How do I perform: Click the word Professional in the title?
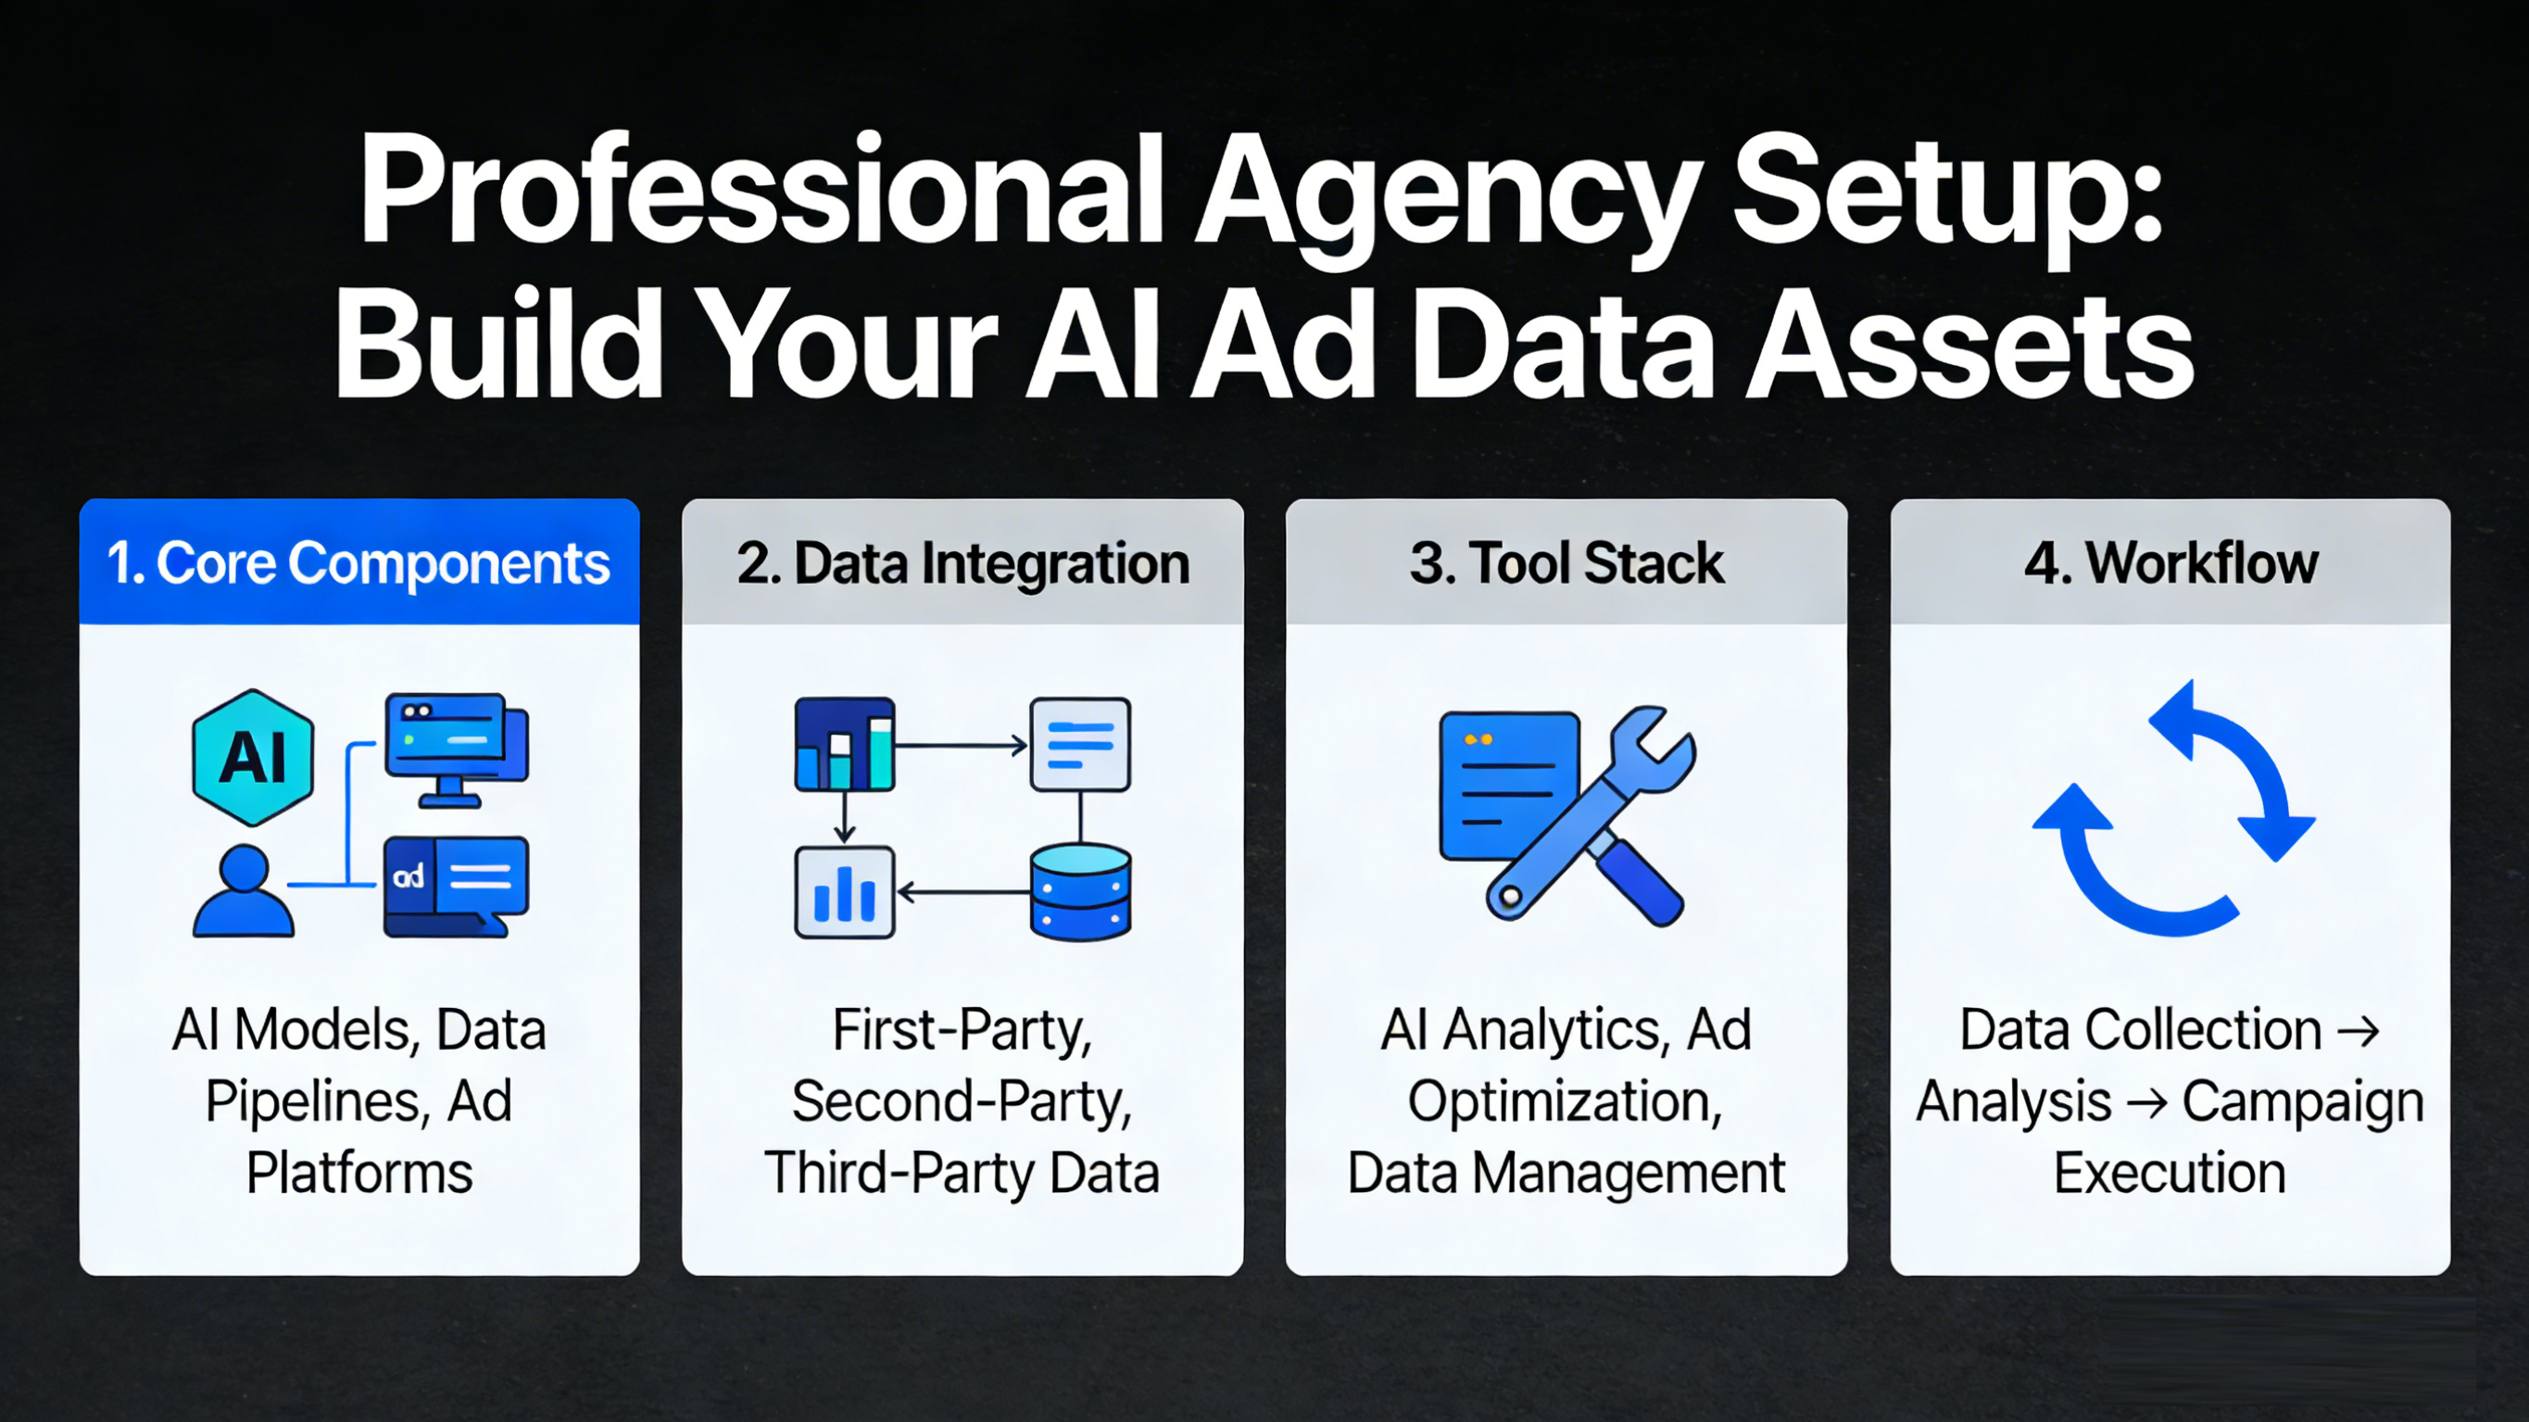(x=761, y=189)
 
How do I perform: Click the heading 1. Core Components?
(x=359, y=563)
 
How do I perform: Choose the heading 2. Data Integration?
(x=963, y=563)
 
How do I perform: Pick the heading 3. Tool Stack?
(x=1566, y=563)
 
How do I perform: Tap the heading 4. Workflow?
(x=2170, y=563)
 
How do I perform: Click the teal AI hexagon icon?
(x=253, y=757)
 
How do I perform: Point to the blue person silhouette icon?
(x=244, y=890)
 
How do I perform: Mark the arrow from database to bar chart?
(x=964, y=892)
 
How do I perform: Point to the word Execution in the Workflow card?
(x=2170, y=1173)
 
